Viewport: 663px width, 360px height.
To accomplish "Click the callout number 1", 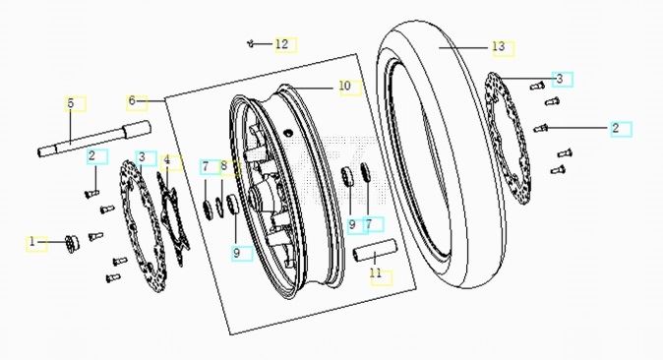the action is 32,242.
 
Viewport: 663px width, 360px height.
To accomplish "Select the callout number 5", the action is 71,103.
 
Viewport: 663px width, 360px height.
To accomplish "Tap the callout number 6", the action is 132,100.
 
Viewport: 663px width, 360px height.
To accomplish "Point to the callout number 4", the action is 167,160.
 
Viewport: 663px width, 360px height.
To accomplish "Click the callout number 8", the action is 224,166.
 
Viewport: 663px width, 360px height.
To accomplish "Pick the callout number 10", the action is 345,86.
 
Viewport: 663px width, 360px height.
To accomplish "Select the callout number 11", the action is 376,273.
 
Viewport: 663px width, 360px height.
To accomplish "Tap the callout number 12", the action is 281,43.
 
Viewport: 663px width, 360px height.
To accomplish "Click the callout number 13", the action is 499,46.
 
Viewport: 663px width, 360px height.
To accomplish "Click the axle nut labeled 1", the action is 73,244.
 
